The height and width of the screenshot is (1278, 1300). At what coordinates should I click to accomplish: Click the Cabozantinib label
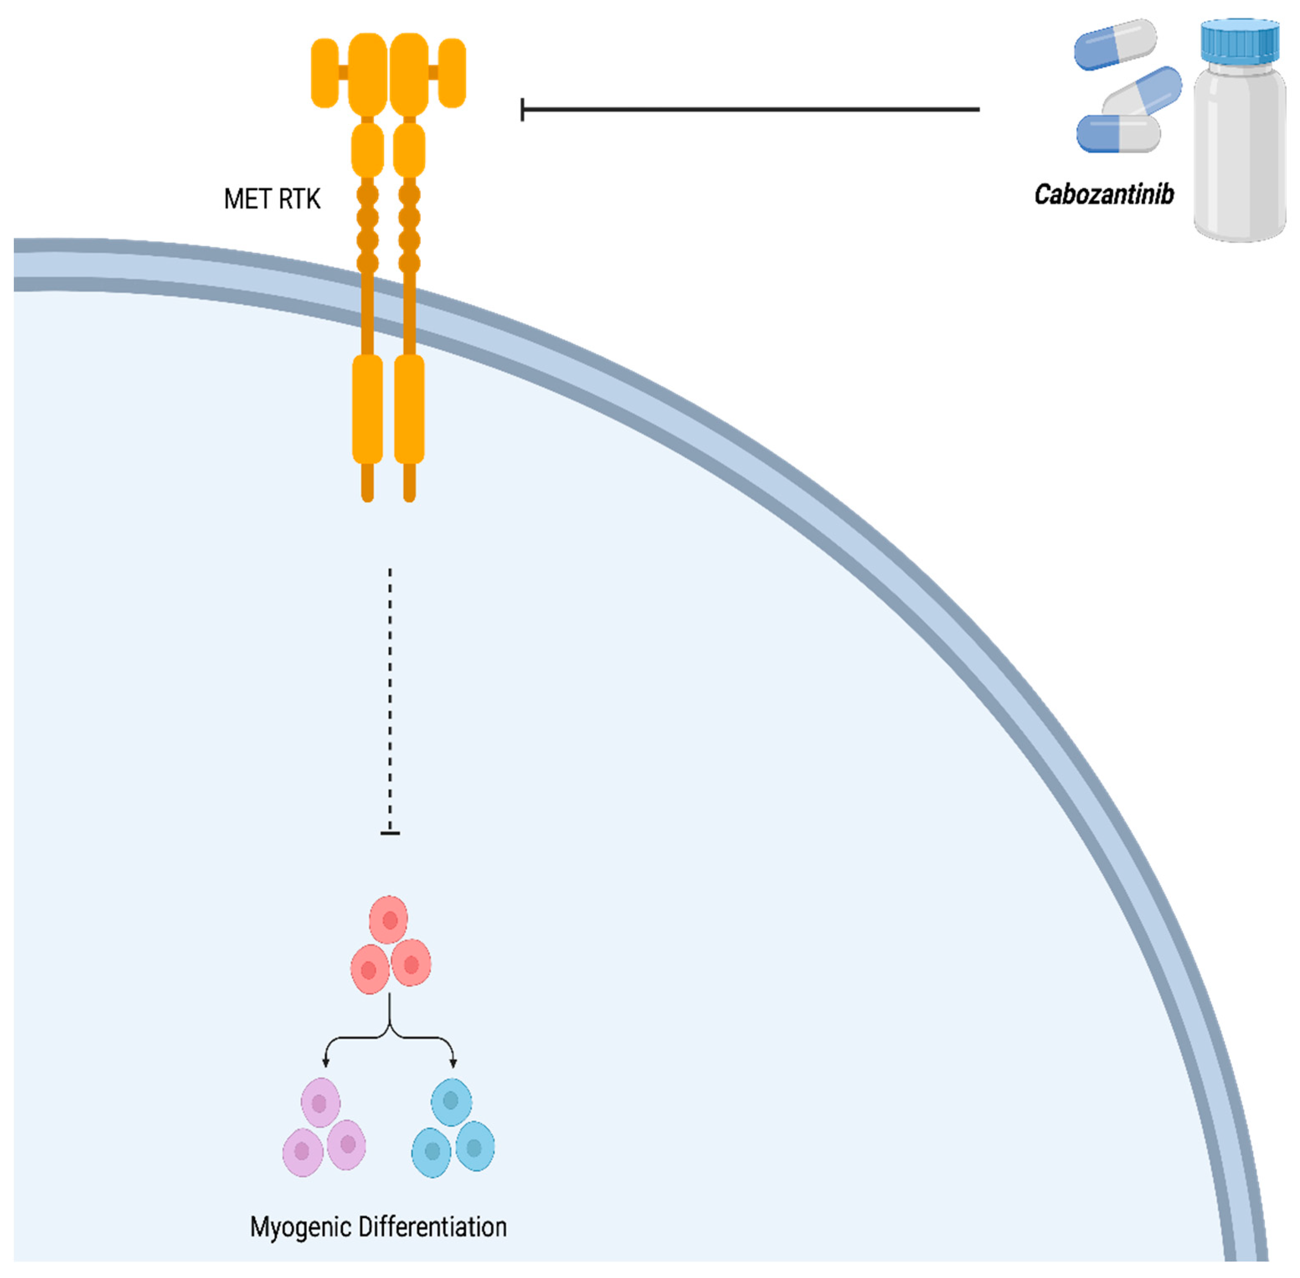(1103, 195)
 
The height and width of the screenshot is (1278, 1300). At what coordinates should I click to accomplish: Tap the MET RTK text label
(272, 199)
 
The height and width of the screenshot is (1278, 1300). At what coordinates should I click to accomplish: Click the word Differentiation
(432, 1227)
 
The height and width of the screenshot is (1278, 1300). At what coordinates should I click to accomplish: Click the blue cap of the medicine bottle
(1240, 40)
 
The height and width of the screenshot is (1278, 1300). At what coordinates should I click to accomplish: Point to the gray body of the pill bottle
(1240, 154)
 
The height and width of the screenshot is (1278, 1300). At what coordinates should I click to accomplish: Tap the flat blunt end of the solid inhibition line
(523, 109)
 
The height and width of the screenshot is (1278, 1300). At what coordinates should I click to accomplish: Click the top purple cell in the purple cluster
(320, 1103)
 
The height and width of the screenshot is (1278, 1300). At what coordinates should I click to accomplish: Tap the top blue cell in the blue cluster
(451, 1101)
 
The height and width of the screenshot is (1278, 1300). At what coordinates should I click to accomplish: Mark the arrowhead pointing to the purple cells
(326, 1062)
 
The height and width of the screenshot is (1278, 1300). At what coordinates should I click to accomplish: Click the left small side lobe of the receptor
(325, 72)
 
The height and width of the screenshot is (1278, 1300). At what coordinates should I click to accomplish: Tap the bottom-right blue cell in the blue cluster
(475, 1147)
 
